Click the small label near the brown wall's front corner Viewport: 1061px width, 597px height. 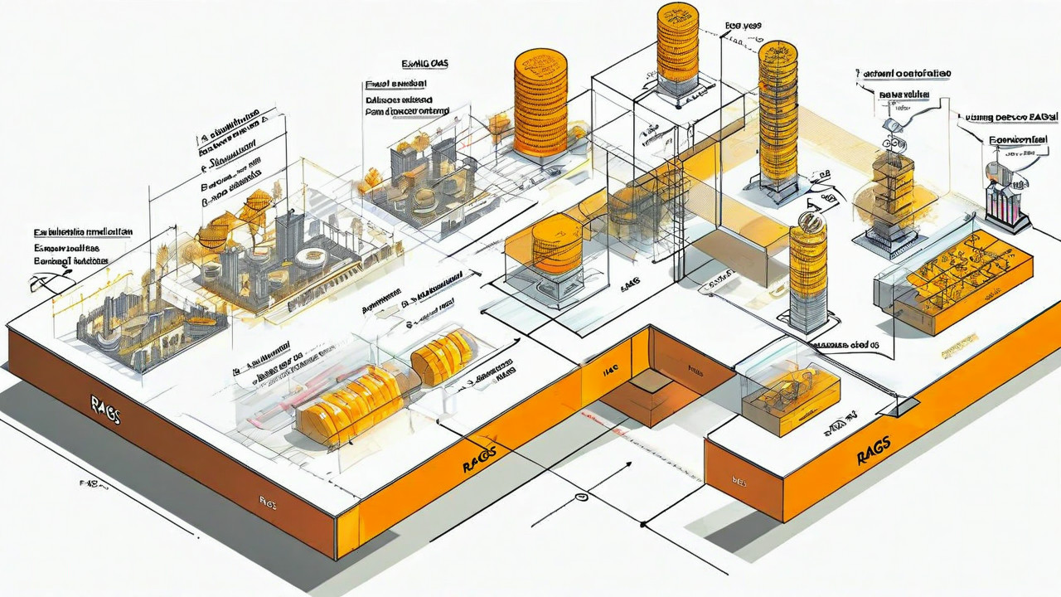[x=268, y=501]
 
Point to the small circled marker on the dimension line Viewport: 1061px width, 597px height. [x=581, y=497]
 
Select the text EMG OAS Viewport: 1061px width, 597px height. [x=425, y=64]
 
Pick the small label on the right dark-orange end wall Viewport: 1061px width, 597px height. [x=739, y=479]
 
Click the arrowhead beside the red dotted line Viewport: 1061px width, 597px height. [x=632, y=465]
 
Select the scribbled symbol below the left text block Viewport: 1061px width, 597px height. [x=41, y=284]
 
